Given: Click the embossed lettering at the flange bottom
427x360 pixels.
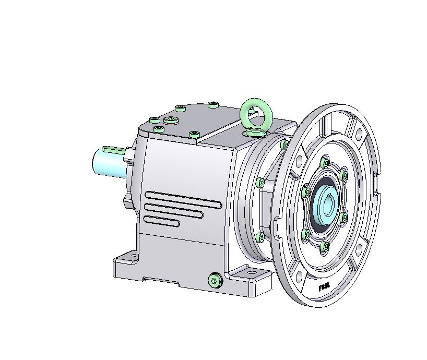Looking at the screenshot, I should [x=324, y=287].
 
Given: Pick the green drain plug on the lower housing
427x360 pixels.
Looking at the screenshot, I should [x=215, y=281].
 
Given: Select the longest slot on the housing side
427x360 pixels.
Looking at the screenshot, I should [x=183, y=198].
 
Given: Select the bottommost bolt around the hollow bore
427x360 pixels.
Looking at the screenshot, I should [x=325, y=246].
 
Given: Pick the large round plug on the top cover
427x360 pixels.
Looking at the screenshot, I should [x=171, y=121].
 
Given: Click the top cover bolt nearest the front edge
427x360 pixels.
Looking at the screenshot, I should [x=194, y=135].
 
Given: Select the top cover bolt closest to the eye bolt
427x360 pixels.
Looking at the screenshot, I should [x=213, y=105].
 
